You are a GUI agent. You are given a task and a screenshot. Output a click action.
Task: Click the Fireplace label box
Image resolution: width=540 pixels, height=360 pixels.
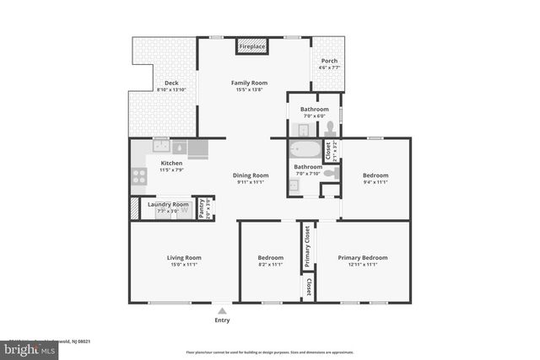click(253, 47)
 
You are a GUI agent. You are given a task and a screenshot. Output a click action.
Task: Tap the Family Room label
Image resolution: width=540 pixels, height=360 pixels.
click(250, 83)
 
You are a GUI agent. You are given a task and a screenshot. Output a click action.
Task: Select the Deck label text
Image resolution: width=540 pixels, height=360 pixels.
click(171, 83)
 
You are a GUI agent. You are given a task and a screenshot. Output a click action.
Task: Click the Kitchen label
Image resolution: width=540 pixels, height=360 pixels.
click(171, 163)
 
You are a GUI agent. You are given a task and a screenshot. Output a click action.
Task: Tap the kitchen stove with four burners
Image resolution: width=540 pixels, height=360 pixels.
click(138, 177)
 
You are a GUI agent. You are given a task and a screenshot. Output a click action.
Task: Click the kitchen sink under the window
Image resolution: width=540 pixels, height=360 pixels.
click(160, 145)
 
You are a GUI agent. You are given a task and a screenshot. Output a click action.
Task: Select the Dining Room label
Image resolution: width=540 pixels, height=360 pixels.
click(250, 175)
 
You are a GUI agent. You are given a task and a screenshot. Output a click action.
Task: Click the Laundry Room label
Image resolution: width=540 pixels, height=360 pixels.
click(168, 204)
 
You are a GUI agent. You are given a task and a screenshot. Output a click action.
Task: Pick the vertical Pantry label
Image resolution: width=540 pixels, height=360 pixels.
click(201, 207)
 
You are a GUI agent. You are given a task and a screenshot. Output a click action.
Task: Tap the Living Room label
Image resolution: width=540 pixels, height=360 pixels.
click(183, 257)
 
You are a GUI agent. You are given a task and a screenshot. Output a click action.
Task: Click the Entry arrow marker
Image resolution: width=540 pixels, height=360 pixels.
click(222, 310)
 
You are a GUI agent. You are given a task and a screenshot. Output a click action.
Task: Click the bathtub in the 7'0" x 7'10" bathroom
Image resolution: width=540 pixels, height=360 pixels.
click(305, 151)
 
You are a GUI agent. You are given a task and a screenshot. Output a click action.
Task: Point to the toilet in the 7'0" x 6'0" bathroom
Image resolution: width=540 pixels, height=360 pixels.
click(330, 129)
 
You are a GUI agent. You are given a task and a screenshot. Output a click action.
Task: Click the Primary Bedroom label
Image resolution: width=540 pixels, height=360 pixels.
click(363, 257)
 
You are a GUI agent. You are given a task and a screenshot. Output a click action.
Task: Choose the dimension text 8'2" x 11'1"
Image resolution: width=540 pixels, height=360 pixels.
click(270, 264)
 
